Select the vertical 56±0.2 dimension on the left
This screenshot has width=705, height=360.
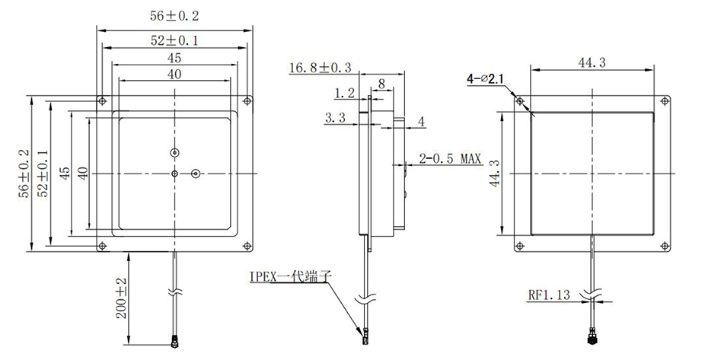(x=26, y=174)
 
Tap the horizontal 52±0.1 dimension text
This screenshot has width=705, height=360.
(x=174, y=40)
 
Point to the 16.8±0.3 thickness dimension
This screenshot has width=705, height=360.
(x=320, y=68)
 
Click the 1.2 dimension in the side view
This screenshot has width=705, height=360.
(x=345, y=94)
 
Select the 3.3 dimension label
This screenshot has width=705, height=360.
(x=336, y=118)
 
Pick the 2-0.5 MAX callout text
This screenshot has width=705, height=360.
(x=451, y=158)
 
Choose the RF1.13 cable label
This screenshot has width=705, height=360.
(x=550, y=295)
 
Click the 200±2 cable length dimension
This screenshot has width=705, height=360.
(x=120, y=299)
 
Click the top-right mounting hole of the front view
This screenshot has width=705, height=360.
(x=247, y=100)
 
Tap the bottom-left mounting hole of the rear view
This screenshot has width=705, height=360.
(x=520, y=244)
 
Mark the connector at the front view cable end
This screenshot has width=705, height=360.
(x=175, y=343)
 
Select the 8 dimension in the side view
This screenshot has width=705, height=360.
(x=381, y=81)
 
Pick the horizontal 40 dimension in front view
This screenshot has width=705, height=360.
(x=174, y=74)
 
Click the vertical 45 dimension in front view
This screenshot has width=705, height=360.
(x=65, y=174)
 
